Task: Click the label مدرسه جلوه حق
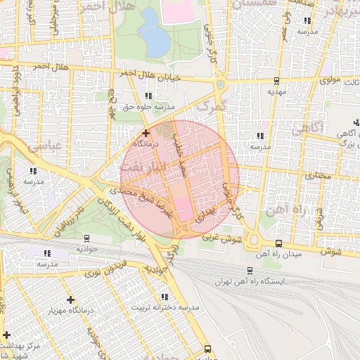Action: (x=148, y=107)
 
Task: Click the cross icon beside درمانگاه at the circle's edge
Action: (x=146, y=132)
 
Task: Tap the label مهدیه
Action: (x=276, y=91)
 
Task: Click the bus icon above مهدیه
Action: (x=276, y=80)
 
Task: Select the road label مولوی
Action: (x=330, y=80)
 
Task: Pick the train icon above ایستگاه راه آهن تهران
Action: (x=250, y=270)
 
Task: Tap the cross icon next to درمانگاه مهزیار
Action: (x=70, y=300)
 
